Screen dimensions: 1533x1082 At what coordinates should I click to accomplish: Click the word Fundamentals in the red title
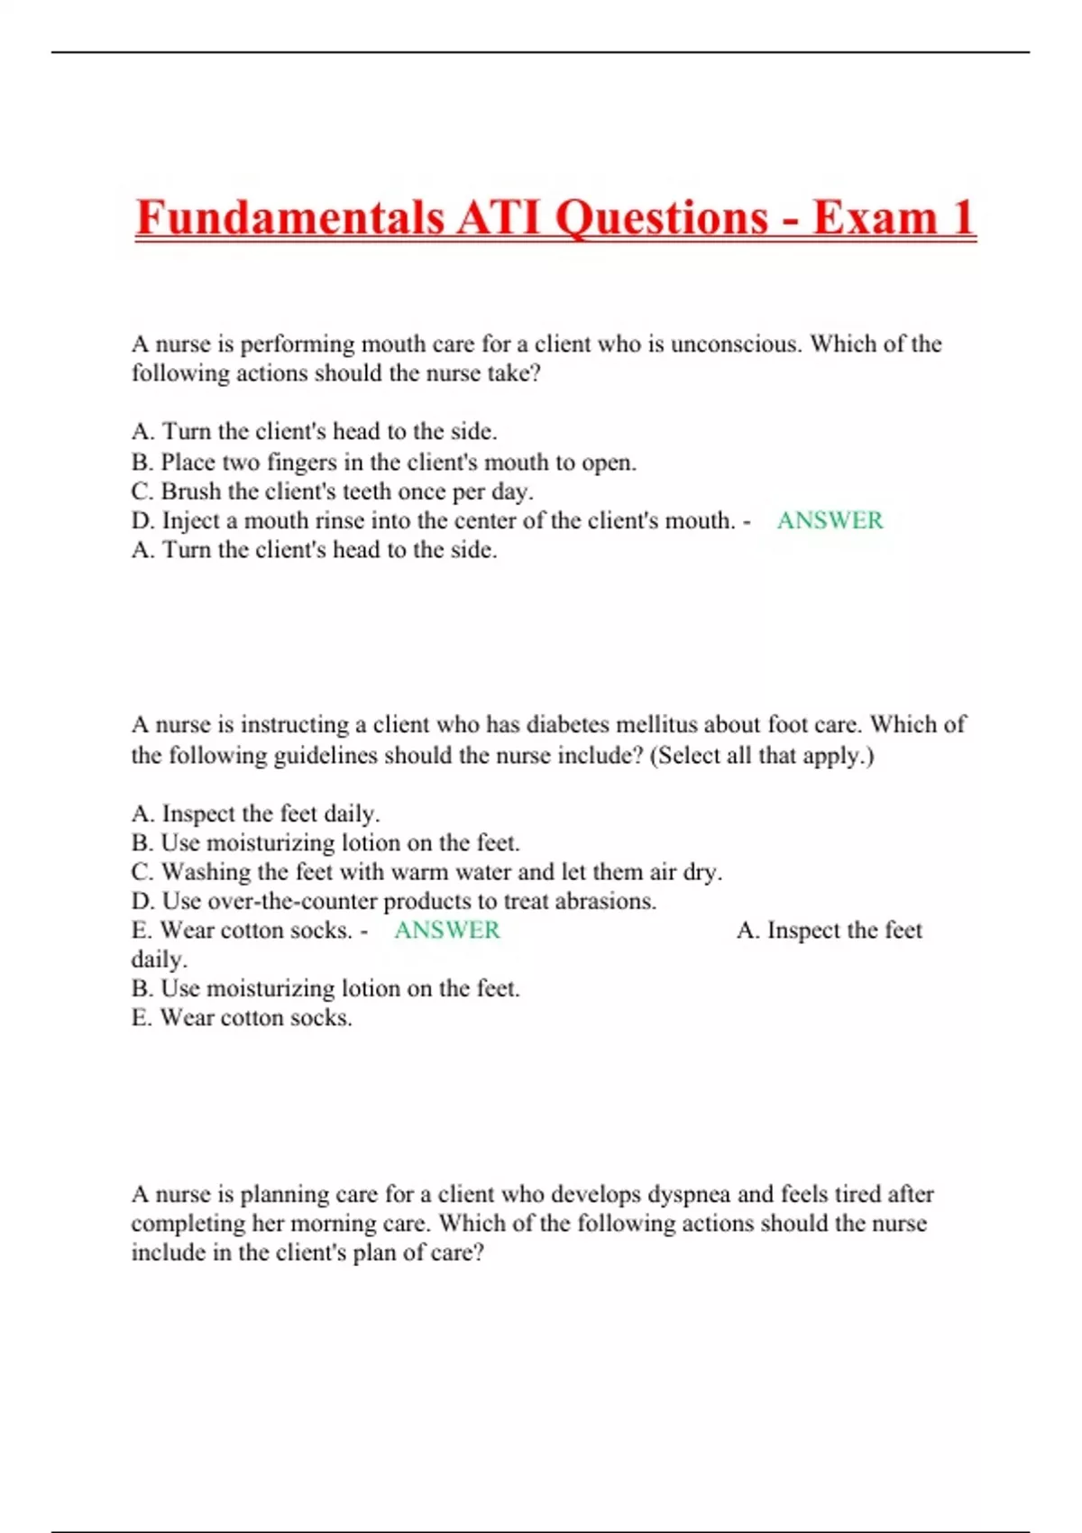(289, 218)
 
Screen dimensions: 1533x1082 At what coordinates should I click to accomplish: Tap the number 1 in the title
(961, 218)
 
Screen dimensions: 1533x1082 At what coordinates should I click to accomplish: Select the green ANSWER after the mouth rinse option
(830, 520)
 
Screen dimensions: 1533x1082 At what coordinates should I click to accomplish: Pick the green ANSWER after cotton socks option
(446, 930)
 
